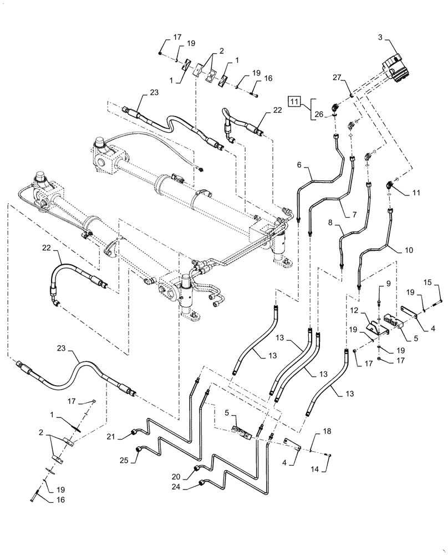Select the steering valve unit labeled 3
[x=397, y=65]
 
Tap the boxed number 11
[x=294, y=102]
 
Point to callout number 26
[x=319, y=115]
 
